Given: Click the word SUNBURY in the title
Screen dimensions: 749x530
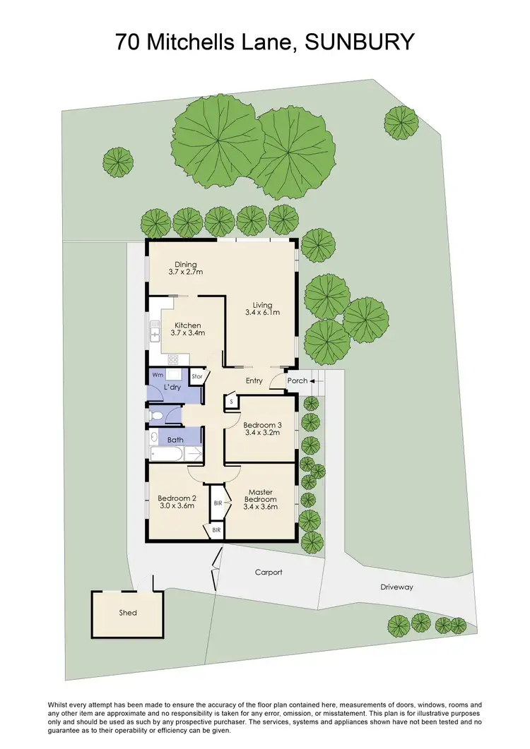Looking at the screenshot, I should [360, 42].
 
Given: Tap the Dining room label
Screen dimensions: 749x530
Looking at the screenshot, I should [186, 265].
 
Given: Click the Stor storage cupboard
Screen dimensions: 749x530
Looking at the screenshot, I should [197, 377].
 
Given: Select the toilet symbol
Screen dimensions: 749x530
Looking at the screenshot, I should [156, 416].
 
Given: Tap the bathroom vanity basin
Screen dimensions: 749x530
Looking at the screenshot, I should [154, 436].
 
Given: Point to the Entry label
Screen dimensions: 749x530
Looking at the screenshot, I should [254, 381].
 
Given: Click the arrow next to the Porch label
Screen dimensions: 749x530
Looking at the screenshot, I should [312, 381].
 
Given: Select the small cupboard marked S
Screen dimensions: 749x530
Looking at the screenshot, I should [230, 402].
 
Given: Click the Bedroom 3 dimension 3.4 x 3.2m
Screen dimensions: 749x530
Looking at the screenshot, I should [262, 433].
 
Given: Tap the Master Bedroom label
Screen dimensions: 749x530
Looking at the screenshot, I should [259, 496].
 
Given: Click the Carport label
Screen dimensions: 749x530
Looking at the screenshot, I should [269, 573].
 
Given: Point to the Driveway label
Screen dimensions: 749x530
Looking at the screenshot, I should [396, 587].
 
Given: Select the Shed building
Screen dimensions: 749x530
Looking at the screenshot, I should [127, 612].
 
